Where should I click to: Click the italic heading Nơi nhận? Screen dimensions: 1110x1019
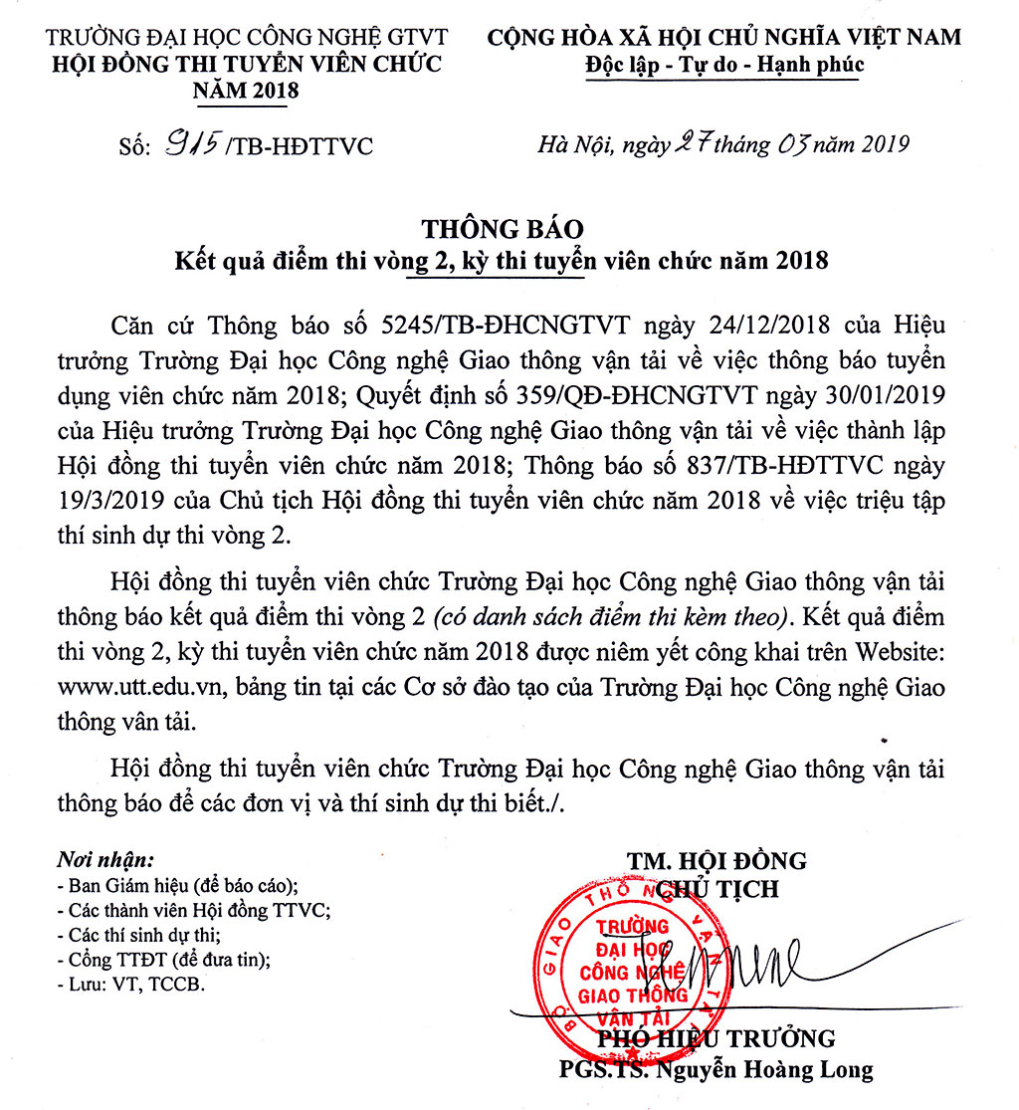[104, 859]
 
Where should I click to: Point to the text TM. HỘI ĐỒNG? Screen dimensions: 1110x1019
[716, 861]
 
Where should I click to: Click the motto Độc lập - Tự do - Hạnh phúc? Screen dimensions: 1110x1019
[723, 66]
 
